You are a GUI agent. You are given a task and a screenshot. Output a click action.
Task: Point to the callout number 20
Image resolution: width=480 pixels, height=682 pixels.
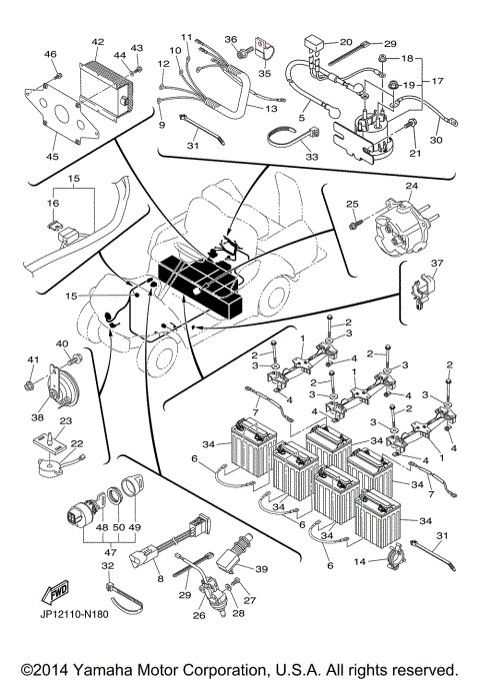[347, 43]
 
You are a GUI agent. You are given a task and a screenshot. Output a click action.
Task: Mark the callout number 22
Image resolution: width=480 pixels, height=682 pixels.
[77, 443]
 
